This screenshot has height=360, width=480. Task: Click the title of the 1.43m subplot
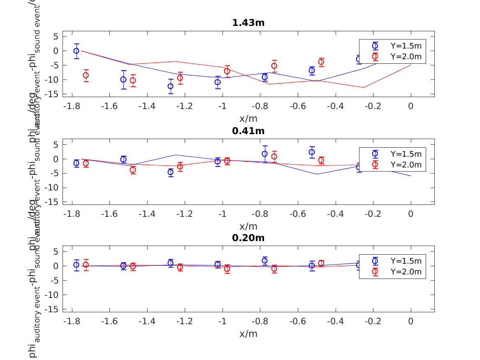coord(248,23)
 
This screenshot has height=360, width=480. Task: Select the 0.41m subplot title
coord(248,131)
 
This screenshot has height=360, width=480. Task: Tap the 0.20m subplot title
coord(248,238)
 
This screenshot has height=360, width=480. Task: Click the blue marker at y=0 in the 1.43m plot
coord(77,51)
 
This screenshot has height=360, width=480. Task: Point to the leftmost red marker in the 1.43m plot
coord(86,75)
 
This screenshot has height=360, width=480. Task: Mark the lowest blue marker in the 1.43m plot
coord(171,86)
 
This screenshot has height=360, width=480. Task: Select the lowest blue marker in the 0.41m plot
coord(171,172)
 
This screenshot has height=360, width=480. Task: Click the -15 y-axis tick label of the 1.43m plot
coord(54,94)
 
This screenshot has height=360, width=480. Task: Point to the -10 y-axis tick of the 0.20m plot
coord(54,295)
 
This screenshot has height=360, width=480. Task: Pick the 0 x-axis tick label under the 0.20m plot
coord(411,321)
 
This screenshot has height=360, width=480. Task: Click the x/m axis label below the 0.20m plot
coord(248,334)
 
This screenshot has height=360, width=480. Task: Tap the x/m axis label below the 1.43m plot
coord(248,118)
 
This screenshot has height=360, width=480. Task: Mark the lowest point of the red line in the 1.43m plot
coord(364,87)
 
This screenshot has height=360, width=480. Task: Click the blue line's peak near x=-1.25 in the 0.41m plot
coord(176,155)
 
